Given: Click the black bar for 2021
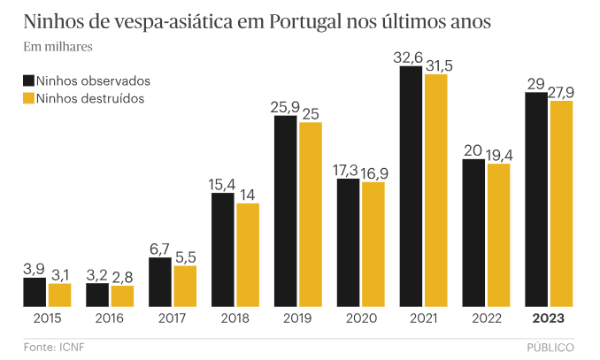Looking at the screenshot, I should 411,187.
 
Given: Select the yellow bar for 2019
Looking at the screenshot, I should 311,215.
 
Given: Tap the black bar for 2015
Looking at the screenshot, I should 35,292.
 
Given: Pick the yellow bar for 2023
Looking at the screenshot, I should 561,204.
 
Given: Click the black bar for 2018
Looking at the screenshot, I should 223,249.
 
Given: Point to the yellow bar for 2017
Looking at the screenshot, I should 185,287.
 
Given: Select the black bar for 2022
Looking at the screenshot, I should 473,234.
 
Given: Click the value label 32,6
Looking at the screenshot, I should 411,57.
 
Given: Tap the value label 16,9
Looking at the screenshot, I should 373,172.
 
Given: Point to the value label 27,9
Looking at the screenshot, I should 561,91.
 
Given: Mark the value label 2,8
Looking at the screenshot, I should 122,276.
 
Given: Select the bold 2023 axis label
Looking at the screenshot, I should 548,318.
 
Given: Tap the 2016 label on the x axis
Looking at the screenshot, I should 109,318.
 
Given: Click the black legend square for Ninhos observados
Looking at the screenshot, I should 27,80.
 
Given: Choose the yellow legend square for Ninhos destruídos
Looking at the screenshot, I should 27,98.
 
